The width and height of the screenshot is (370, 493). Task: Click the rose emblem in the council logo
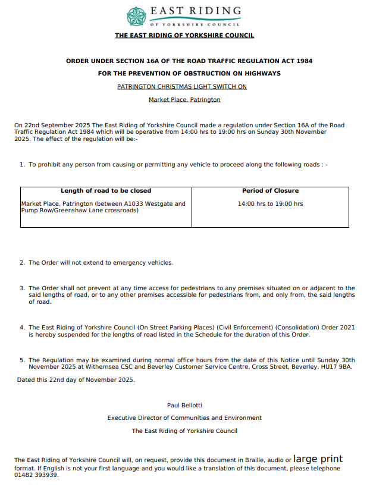coord(136,16)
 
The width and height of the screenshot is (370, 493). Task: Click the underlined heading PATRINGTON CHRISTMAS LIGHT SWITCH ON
coord(182,86)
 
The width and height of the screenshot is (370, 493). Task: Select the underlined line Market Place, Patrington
coord(184,99)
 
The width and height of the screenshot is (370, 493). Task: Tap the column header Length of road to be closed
coord(106,191)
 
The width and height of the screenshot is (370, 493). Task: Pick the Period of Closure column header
coord(270,191)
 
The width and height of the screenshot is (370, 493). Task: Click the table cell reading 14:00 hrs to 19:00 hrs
coord(270,204)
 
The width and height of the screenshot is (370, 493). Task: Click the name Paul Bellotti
coord(184,405)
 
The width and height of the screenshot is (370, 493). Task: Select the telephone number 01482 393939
coord(36,475)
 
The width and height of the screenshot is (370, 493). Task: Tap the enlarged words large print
coord(318,459)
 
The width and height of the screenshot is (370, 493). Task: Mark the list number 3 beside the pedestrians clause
coord(22,288)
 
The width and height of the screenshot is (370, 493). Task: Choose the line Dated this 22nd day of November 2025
coord(76,379)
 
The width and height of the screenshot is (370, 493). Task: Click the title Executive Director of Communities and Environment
coord(184,417)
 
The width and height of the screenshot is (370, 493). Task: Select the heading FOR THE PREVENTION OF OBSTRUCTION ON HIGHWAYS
coord(189,74)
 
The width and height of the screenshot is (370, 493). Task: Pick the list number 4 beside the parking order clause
coord(22,327)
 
